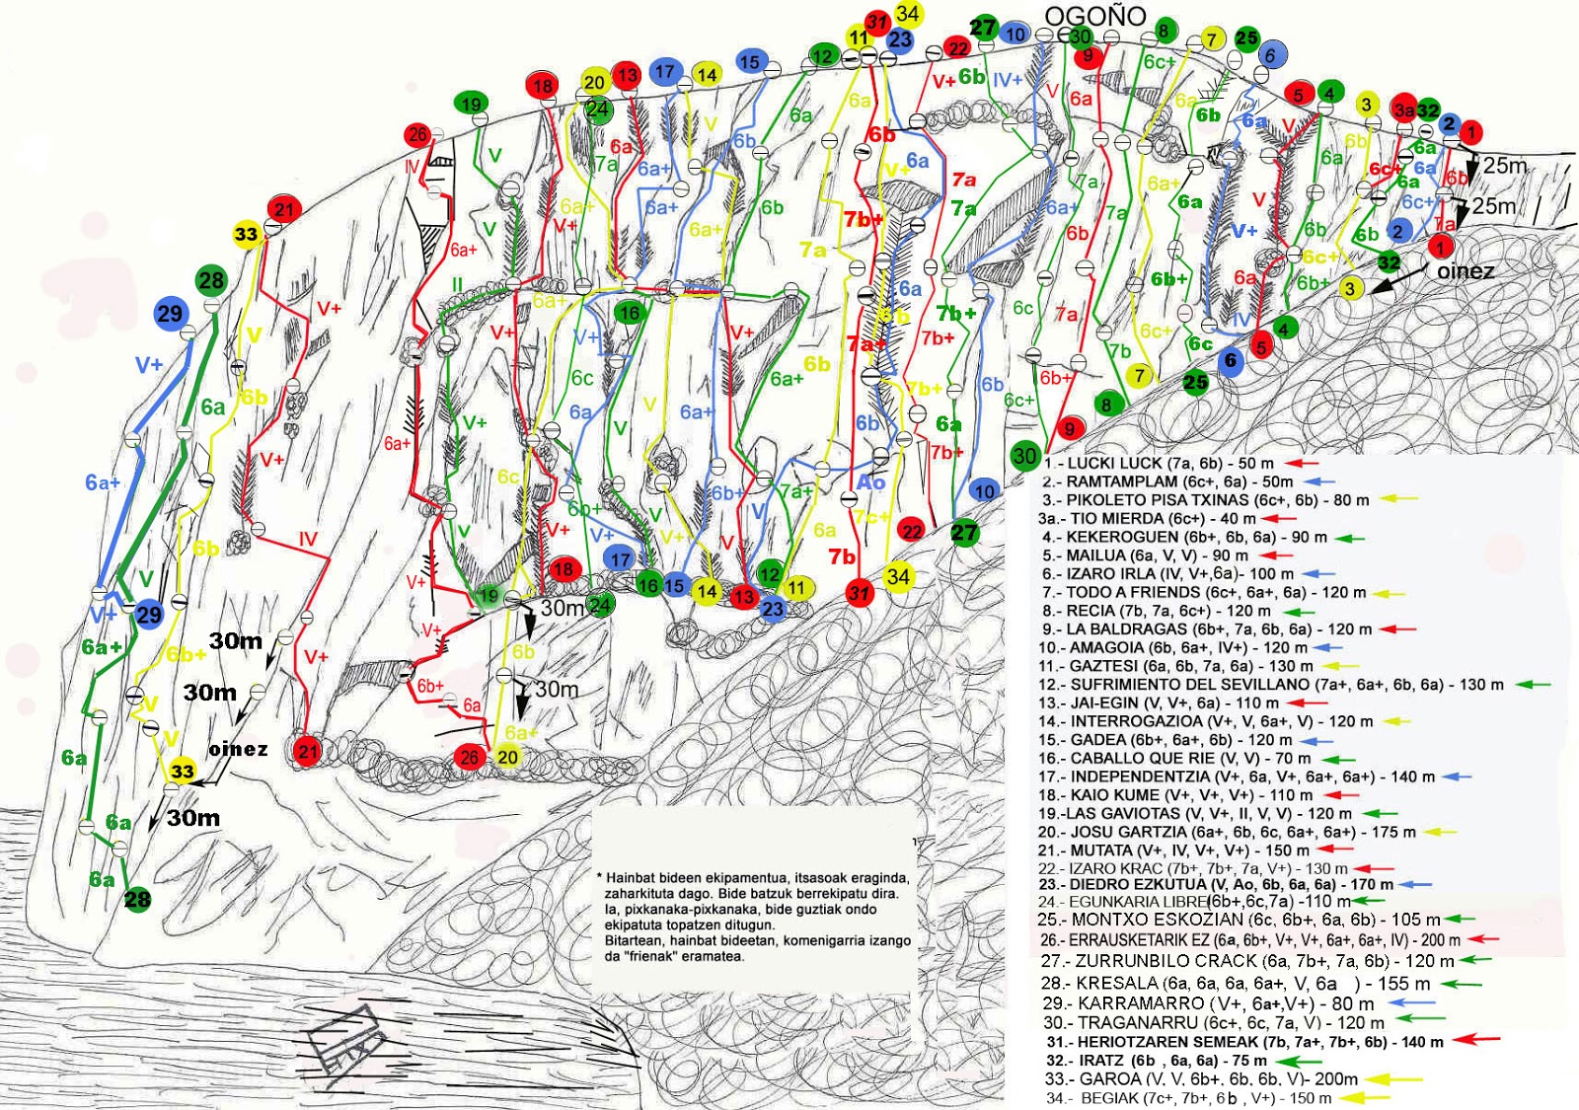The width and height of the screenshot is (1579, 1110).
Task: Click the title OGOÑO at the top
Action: (1094, 16)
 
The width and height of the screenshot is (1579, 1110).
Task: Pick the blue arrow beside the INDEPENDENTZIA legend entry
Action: (1456, 777)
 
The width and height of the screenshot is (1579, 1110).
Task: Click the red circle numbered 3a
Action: (1402, 110)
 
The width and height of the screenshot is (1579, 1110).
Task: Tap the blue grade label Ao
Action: (870, 481)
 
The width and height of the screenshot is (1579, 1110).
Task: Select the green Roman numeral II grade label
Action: (457, 285)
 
